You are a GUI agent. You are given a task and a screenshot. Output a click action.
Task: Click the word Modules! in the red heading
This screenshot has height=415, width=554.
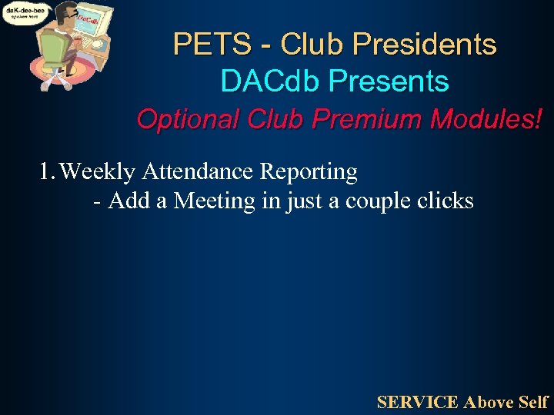coord(486,119)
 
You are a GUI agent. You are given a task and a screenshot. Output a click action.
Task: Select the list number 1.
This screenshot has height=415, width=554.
coord(46,171)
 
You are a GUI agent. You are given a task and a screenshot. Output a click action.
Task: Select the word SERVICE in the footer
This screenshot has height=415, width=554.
coord(418,402)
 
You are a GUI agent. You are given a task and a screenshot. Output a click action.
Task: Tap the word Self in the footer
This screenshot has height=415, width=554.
coord(532,402)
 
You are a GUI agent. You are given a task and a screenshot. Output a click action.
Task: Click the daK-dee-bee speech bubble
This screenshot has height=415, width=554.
coord(26,13)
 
